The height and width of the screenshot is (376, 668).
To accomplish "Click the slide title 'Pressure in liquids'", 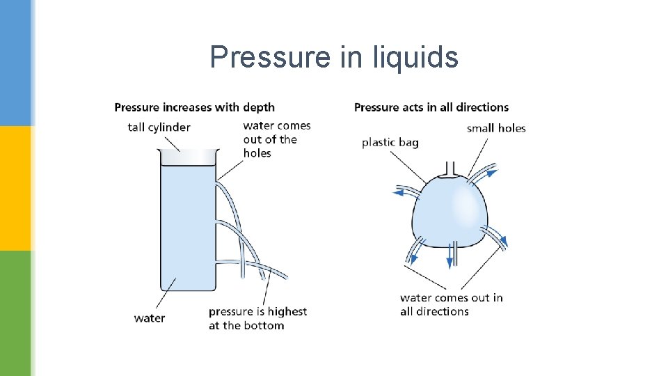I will point(334,57).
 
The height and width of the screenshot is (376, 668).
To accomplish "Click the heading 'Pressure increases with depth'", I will point(194,107).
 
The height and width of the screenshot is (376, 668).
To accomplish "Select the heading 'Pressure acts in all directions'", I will point(431,107).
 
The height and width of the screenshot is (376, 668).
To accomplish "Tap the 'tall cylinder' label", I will point(159,127).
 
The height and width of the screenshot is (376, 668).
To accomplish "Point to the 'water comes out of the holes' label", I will point(276,139).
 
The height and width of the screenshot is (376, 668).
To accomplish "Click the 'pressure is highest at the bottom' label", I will point(257,318).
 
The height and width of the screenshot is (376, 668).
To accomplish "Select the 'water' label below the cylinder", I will point(150,318).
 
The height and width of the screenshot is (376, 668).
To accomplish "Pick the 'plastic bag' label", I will point(390,142).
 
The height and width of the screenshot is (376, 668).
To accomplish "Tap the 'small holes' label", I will point(496,127).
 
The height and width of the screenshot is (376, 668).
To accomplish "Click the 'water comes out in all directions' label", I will point(451,304).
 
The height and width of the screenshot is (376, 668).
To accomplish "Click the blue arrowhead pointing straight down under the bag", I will point(450,262).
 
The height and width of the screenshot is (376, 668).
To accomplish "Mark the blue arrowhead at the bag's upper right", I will point(492,171).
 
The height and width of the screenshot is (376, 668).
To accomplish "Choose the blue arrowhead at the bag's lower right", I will point(503,242).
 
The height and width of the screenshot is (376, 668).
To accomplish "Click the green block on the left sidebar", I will point(15,313).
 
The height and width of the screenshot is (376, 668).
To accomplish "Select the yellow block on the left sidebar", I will point(15,188).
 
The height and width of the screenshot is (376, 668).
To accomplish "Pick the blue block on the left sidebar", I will point(15,63).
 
